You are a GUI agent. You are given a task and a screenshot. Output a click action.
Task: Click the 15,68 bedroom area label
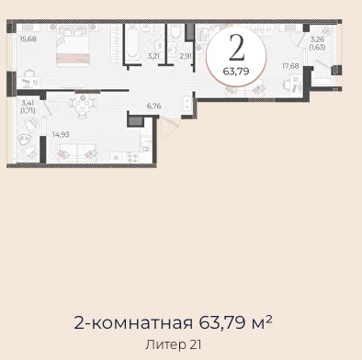[x=28, y=39]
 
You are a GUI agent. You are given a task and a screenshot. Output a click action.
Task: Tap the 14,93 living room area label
[x=61, y=134]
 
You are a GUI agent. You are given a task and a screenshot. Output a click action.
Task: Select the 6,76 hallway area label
[x=153, y=107]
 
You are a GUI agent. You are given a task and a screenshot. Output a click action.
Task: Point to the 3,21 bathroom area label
[x=153, y=56]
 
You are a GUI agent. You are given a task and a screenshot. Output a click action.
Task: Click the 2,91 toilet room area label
[x=186, y=56]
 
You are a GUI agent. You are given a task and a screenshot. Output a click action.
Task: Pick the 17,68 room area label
[x=290, y=66]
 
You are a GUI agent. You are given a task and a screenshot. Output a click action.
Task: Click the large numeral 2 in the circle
[x=237, y=47]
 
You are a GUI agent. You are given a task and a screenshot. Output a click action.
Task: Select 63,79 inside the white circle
[x=236, y=72]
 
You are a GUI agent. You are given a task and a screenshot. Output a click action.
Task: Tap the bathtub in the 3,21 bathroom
[x=133, y=42]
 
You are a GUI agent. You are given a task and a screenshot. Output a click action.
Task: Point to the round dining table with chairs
[x=82, y=106]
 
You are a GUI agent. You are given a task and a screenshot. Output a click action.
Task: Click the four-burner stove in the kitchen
[x=133, y=157]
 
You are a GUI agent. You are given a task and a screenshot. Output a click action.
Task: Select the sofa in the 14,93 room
[x=77, y=153]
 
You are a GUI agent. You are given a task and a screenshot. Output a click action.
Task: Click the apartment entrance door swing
[x=168, y=127]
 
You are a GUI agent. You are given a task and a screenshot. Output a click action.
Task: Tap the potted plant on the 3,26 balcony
[x=326, y=31]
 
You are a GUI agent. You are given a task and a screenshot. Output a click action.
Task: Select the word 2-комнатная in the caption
[x=133, y=323]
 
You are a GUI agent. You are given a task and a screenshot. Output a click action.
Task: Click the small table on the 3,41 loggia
[x=25, y=140]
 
